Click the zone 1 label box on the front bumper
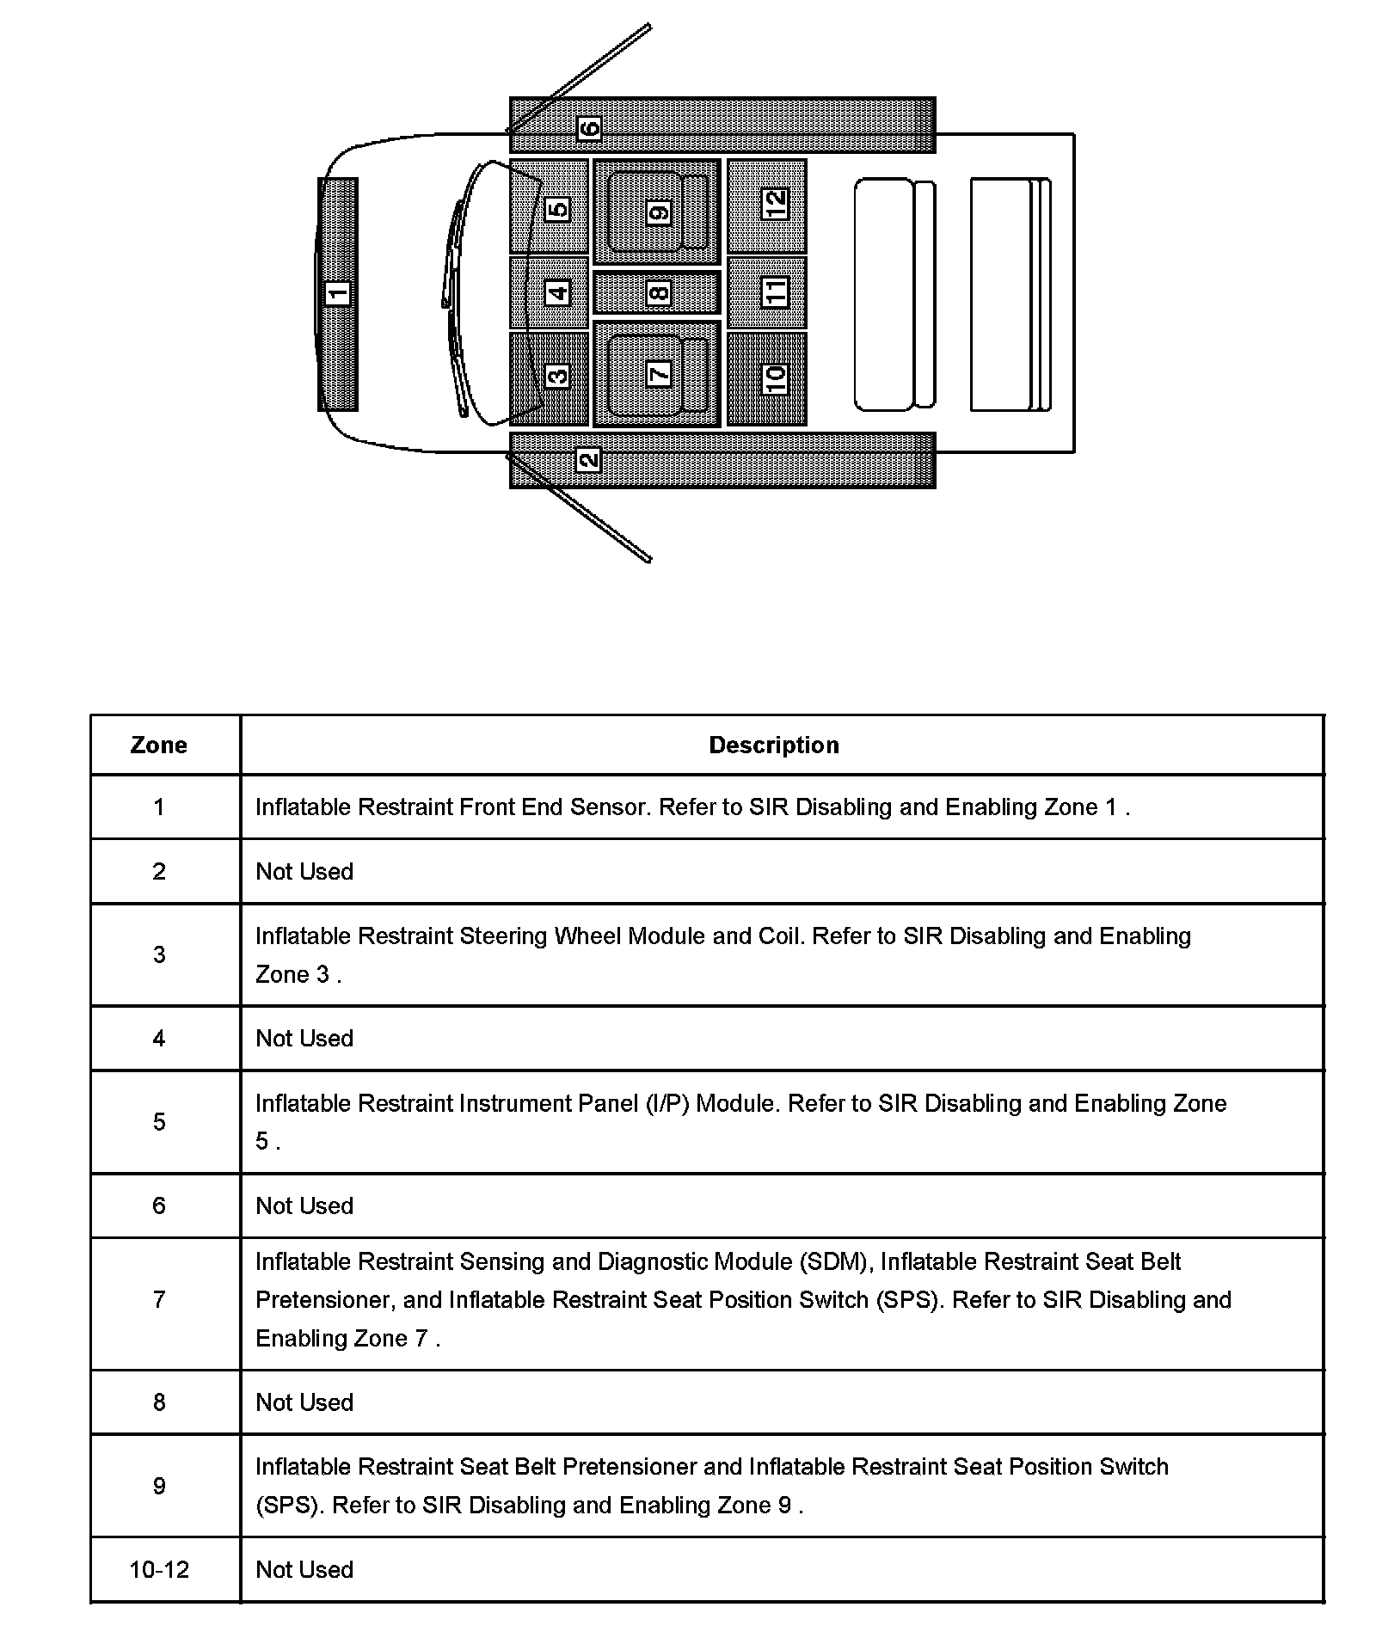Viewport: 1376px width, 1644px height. coord(338,293)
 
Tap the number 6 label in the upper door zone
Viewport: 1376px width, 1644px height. coord(589,128)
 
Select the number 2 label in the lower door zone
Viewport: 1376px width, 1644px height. coord(589,460)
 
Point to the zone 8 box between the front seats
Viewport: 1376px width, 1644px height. coord(658,293)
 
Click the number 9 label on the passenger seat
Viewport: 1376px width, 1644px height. coord(659,212)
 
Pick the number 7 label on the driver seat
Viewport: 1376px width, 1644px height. coord(659,374)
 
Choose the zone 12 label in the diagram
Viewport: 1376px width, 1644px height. coord(776,204)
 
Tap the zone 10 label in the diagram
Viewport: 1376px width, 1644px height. coord(776,377)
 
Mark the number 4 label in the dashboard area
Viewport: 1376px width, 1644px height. coord(558,293)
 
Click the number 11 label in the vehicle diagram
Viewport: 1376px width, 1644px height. coord(776,292)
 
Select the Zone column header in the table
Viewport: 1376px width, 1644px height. coord(159,745)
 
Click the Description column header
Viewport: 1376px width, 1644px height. coord(774,745)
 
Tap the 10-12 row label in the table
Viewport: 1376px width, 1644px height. coord(159,1569)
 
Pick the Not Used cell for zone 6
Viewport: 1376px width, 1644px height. coord(304,1205)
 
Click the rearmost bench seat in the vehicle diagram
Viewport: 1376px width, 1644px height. coord(1010,294)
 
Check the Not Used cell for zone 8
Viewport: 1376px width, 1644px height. coord(304,1402)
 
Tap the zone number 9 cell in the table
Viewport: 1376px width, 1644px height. coord(159,1486)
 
